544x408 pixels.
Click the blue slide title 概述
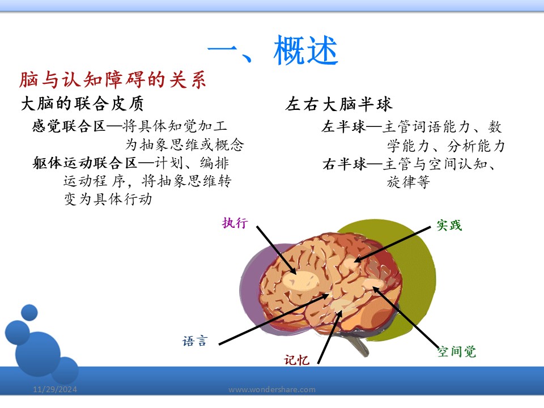point(305,50)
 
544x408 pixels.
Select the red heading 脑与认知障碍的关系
point(113,79)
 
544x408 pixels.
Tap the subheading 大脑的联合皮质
point(82,103)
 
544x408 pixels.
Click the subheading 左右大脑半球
point(339,104)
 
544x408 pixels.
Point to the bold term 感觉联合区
point(69,126)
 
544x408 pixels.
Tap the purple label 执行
point(235,223)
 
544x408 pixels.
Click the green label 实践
point(449,225)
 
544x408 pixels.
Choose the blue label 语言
point(195,341)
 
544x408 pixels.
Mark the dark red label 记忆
point(296,360)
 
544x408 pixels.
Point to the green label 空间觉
point(457,352)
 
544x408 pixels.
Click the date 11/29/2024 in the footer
point(55,389)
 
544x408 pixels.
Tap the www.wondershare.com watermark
point(272,389)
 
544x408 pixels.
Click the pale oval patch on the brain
point(300,280)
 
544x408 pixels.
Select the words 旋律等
point(409,182)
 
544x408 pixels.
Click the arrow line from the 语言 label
point(274,319)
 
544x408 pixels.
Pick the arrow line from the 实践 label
point(392,244)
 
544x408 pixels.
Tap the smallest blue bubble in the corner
point(29,312)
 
